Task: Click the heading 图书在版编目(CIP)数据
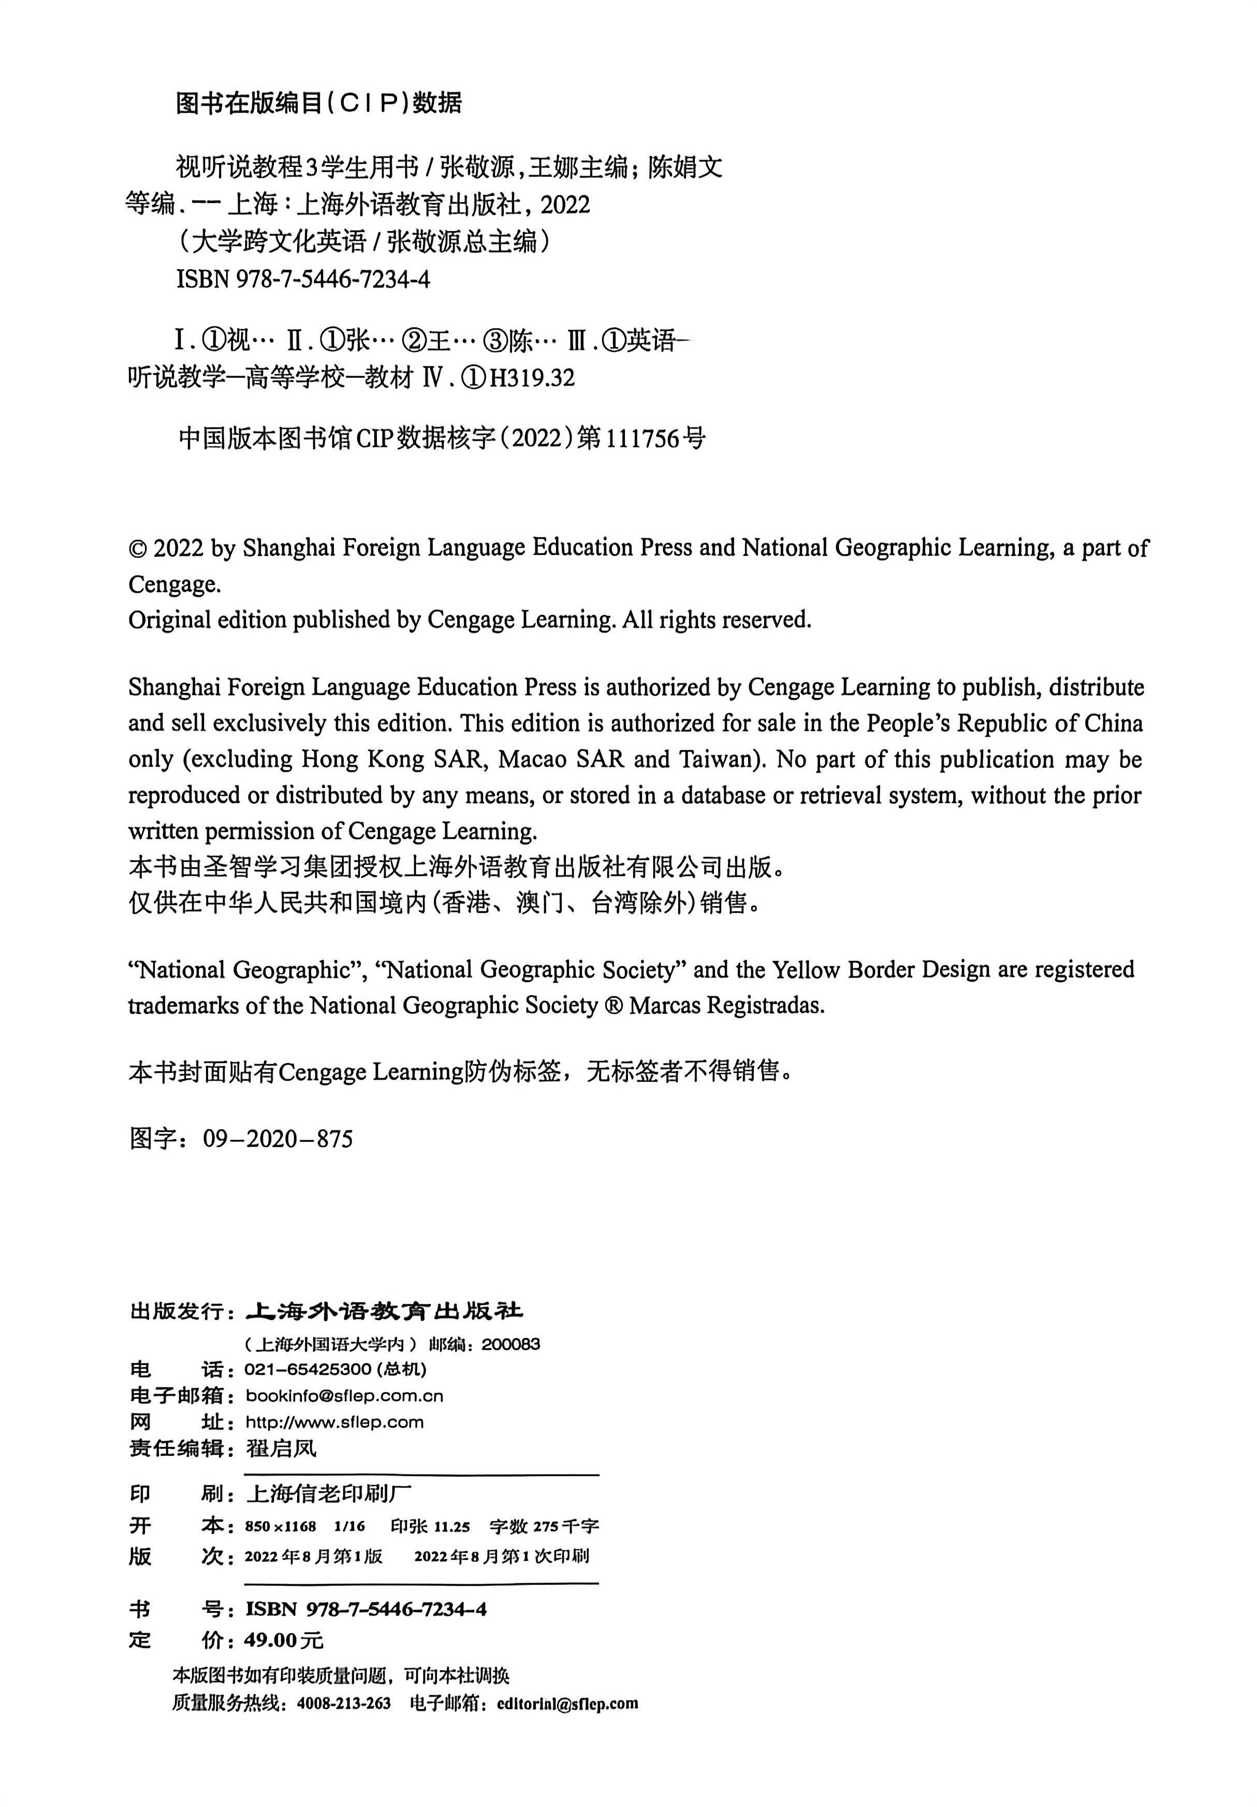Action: point(318,103)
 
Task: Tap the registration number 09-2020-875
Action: point(277,1139)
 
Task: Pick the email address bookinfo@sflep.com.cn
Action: point(344,1396)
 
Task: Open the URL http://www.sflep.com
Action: point(334,1422)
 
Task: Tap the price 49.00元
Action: point(284,1640)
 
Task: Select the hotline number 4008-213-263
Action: point(344,1703)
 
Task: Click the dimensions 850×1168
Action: point(281,1527)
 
